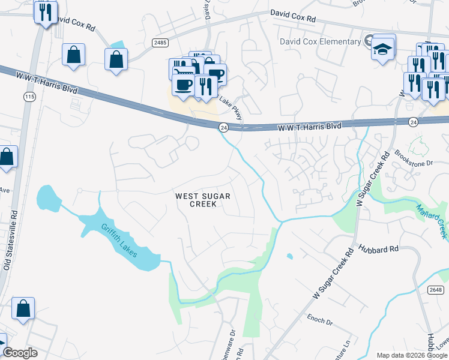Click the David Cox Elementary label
(320, 41)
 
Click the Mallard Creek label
(432, 220)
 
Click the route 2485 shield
(160, 43)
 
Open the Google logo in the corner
(20, 353)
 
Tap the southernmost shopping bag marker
(23, 310)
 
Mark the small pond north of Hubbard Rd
(290, 256)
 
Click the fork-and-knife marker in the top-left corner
(46, 13)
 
